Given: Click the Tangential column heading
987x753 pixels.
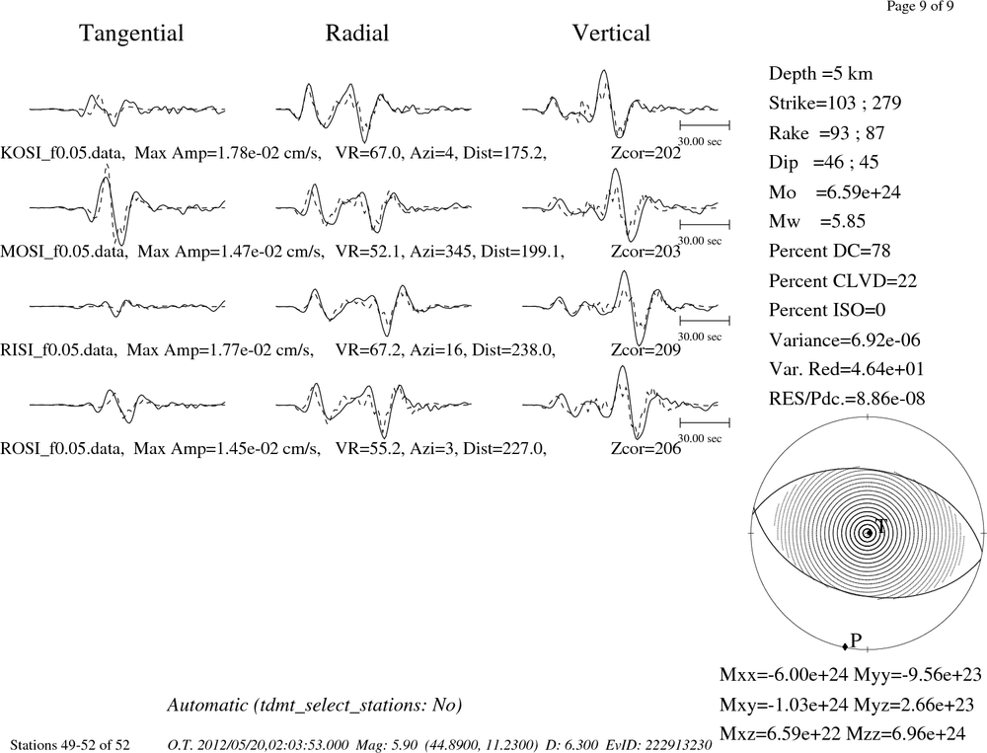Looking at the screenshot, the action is coord(131,34).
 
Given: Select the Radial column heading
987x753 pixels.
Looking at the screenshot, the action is coord(357,34).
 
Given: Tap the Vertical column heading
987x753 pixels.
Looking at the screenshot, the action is coord(611,34).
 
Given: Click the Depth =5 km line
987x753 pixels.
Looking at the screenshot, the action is coord(821,74).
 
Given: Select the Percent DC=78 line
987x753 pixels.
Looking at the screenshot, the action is coord(830,251).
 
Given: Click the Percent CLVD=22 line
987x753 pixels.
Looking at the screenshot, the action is coord(843,280).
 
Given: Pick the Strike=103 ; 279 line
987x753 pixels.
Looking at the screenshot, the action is coord(835,103).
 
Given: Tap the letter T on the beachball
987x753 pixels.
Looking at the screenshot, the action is coord(881,526).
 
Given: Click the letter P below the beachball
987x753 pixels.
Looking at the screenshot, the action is coord(856,640).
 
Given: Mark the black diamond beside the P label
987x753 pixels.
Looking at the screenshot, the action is coord(845,646).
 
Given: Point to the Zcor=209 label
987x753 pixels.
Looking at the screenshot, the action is coord(645,349).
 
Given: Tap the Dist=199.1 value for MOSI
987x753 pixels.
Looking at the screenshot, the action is coord(522,252).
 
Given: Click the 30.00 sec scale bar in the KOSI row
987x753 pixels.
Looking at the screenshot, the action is coord(705,125).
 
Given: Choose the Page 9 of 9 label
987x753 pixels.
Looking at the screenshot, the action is coord(920,6).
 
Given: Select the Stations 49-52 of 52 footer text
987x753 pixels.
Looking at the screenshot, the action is coord(70,745).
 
